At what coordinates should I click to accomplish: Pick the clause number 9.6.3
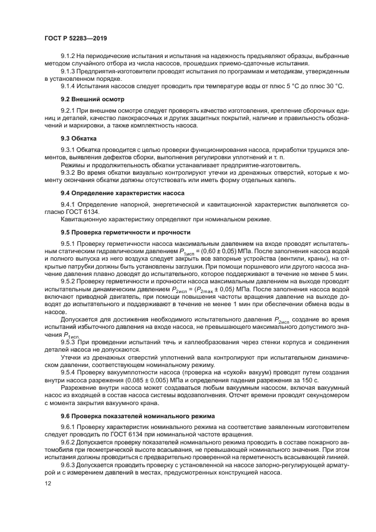click(x=69, y=464)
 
